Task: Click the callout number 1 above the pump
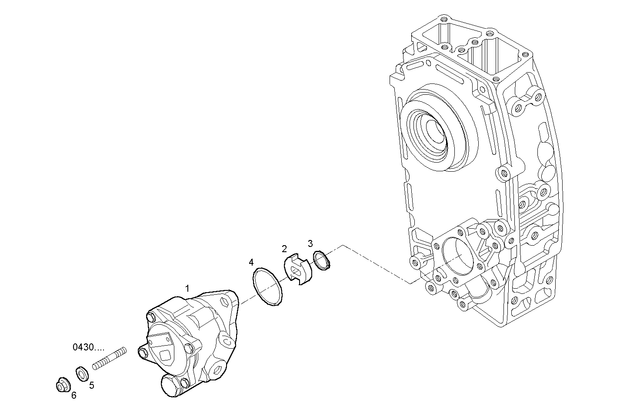click(187, 288)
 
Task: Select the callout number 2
click(284, 249)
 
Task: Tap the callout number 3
click(310, 243)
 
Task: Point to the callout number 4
click(251, 262)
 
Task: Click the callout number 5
click(92, 385)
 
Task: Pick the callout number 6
click(74, 395)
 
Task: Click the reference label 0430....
click(88, 347)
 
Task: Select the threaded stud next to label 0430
click(109, 359)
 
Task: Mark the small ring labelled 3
click(322, 261)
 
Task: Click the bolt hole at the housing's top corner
click(443, 20)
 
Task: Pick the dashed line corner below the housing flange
click(410, 284)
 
